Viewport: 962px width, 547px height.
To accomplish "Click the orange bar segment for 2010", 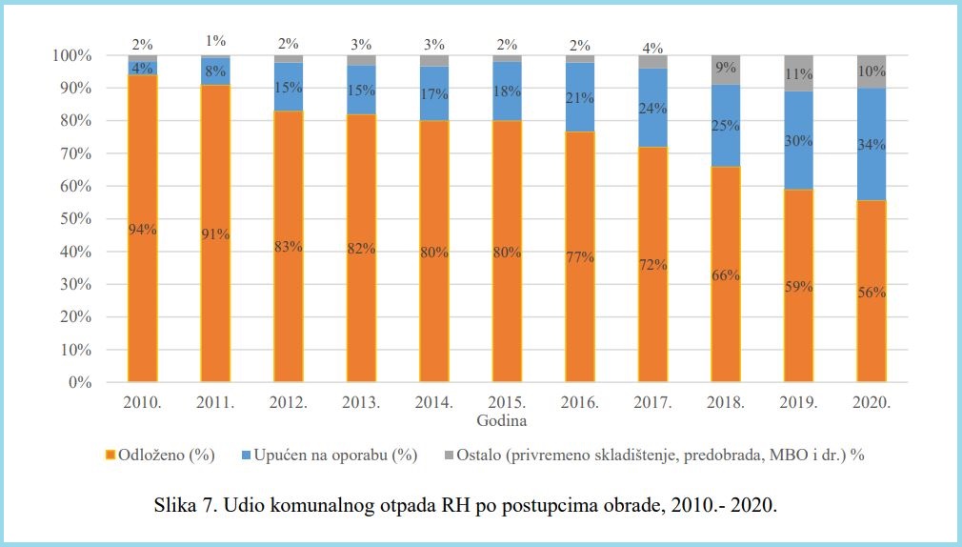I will [x=142, y=286].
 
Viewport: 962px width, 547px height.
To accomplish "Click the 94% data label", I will [x=142, y=229].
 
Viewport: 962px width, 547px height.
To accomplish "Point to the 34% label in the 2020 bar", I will [x=872, y=145].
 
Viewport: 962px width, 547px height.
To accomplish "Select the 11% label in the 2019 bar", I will [x=798, y=73].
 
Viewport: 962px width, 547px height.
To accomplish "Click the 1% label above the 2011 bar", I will [x=215, y=41].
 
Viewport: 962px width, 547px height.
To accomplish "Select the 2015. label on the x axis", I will [x=507, y=403].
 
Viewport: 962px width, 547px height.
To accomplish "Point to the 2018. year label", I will [x=726, y=403].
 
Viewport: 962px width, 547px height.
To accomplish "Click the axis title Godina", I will [x=504, y=420].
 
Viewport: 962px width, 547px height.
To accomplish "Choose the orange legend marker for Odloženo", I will [x=110, y=455].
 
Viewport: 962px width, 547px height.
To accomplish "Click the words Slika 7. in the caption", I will [x=186, y=505].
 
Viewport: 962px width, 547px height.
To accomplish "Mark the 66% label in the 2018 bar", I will [x=726, y=275].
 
